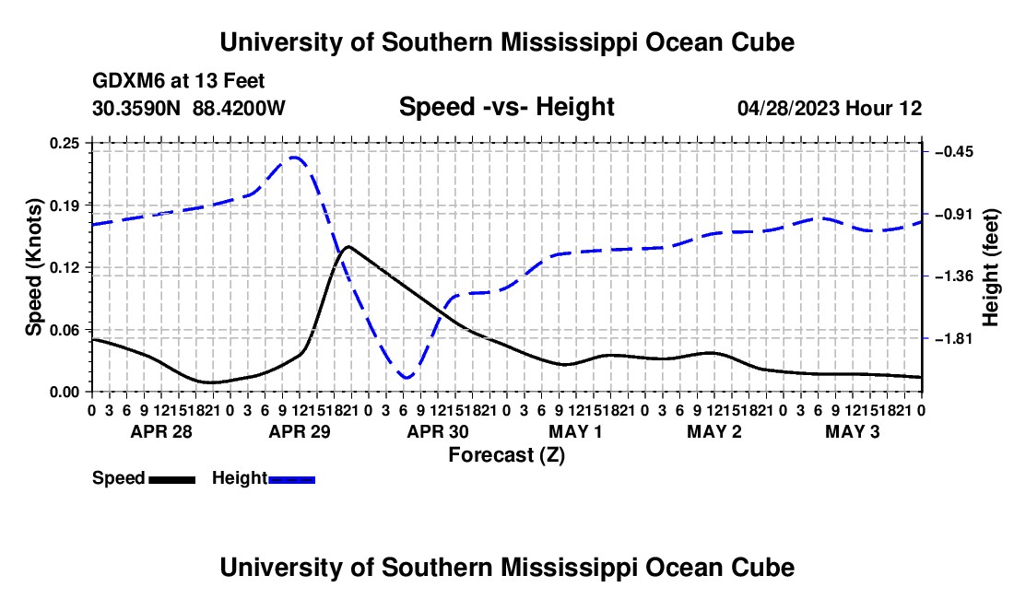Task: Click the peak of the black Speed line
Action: point(348,246)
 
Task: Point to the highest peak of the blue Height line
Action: point(294,157)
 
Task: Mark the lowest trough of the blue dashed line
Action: point(406,377)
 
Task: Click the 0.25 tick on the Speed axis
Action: point(65,144)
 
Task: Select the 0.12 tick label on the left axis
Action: point(65,267)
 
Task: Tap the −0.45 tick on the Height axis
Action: point(954,152)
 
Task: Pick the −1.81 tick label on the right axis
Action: point(954,338)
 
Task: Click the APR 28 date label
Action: point(161,431)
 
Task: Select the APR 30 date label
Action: point(438,431)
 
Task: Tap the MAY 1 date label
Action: point(575,431)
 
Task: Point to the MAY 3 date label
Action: point(853,431)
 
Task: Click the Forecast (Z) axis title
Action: point(507,455)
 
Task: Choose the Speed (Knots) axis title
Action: point(34,267)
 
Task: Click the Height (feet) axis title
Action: point(990,267)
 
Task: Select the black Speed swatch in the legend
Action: point(172,480)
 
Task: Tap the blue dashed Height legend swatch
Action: point(291,480)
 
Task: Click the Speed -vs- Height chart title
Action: point(506,107)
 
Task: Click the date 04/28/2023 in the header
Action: point(789,108)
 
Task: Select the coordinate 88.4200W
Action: point(239,108)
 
